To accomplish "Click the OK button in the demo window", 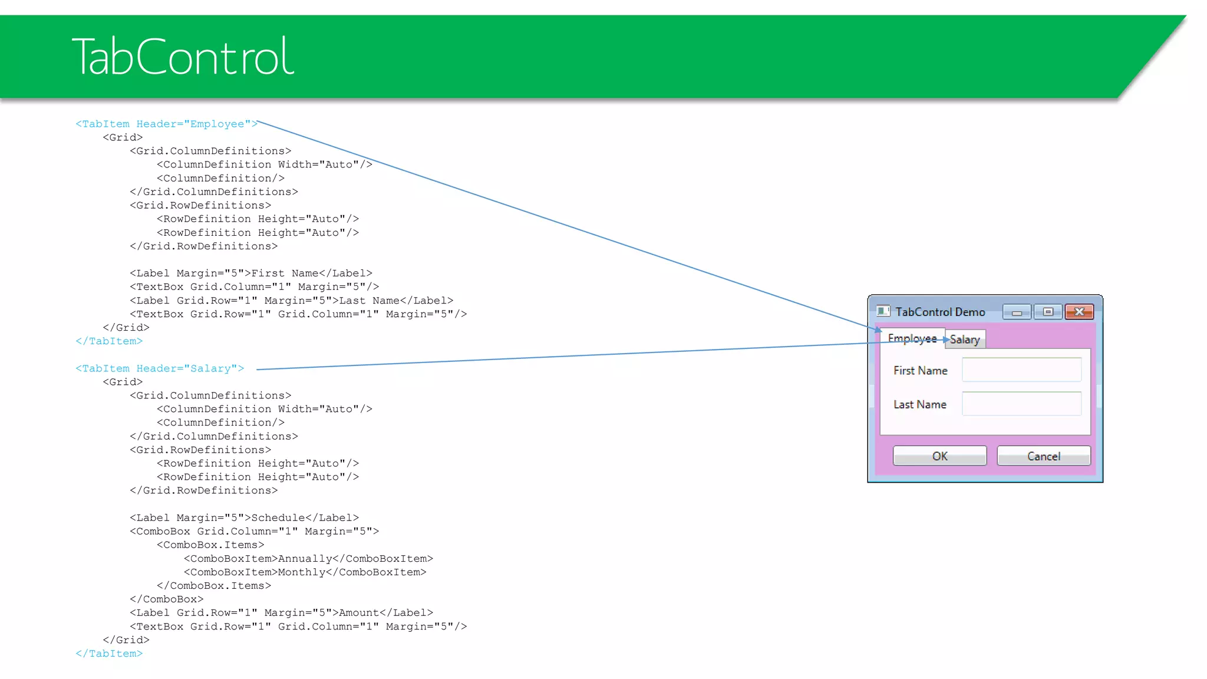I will point(939,456).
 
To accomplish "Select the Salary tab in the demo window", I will point(965,339).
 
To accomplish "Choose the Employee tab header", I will point(912,338).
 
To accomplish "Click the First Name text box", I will point(1021,370).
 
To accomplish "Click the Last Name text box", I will point(1021,404).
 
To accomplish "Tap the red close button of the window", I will point(1079,311).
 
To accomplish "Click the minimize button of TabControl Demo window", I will point(1017,312).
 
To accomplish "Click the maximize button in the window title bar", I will point(1048,312).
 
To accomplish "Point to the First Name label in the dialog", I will point(920,371).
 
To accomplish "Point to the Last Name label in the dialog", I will point(919,404).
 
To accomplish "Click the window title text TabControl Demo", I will point(940,312).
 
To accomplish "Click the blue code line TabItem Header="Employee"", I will point(166,124).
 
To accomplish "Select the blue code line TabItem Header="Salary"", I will point(160,368).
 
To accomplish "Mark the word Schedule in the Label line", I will point(278,518).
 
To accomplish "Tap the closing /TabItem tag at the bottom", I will point(109,653).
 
